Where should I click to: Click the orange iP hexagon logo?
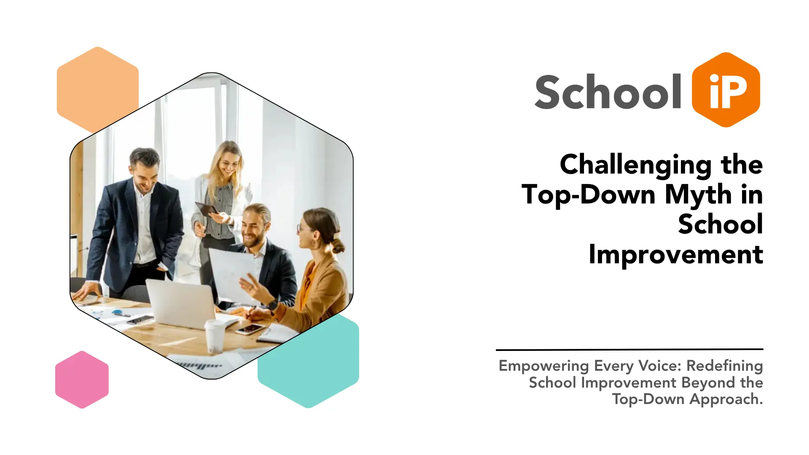(726, 90)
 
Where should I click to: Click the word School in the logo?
(608, 91)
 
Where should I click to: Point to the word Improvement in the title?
(676, 254)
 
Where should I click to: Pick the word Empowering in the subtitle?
(544, 366)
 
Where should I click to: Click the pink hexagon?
(82, 380)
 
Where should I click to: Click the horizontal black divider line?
(630, 349)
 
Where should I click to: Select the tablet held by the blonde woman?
(206, 209)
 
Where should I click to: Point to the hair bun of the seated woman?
(338, 246)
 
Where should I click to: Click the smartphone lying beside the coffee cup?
(250, 329)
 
